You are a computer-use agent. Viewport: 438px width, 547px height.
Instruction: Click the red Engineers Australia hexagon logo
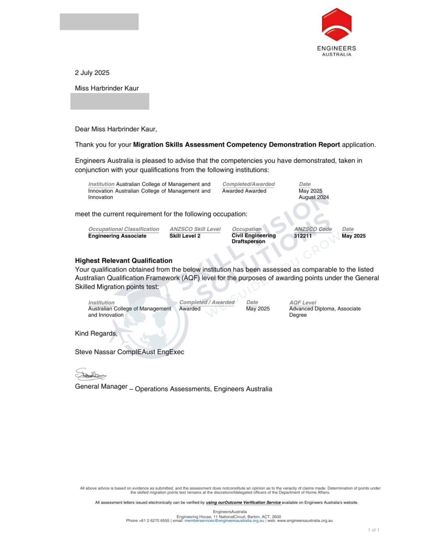coord(337,25)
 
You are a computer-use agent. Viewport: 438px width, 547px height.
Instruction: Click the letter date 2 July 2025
coord(92,73)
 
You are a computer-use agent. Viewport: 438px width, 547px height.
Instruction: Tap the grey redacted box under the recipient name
coord(109,101)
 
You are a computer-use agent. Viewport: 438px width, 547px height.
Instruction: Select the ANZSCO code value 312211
coord(303,236)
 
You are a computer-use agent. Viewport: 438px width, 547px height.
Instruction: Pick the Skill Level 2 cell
coord(185,236)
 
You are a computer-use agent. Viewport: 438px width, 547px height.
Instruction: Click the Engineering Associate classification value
coord(117,236)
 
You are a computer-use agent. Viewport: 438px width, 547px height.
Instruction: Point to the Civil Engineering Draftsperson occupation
coord(253,238)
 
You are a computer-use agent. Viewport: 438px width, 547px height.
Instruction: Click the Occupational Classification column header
coord(124,229)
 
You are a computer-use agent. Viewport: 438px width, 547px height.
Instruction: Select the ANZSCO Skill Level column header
coord(195,229)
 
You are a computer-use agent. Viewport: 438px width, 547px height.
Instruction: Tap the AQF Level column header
coord(303,303)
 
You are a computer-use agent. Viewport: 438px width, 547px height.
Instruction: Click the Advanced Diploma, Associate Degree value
coord(324,312)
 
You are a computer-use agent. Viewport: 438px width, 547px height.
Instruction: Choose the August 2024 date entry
coord(314,197)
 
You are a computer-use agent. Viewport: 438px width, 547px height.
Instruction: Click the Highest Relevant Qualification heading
coord(124,261)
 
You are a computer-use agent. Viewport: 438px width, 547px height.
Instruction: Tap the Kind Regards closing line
coord(96,333)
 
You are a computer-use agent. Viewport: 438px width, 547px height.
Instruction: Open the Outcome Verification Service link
coord(243,502)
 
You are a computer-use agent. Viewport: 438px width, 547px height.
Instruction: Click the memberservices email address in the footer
coord(224,521)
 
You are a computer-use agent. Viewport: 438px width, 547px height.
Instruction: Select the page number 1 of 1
coord(374,530)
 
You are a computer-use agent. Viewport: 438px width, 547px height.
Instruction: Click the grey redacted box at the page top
coord(99,22)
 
